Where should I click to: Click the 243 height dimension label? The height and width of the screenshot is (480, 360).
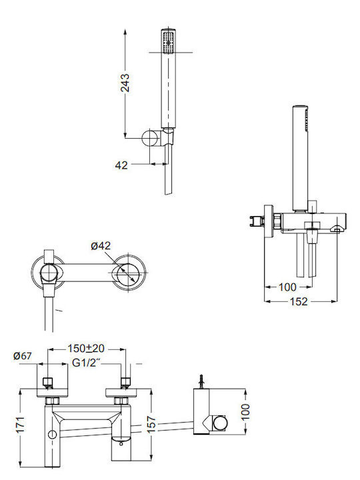click(x=125, y=83)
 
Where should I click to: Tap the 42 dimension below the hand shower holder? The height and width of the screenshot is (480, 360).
click(x=121, y=165)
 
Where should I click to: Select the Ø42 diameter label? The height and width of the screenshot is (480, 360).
click(x=101, y=246)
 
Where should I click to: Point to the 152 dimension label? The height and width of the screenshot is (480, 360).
click(x=299, y=301)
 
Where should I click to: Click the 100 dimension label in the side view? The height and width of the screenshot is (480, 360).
click(x=287, y=287)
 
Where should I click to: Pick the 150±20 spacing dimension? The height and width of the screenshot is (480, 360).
click(x=86, y=349)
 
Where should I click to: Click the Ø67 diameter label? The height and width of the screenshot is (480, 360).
click(x=23, y=356)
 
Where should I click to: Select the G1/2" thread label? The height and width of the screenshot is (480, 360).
click(x=87, y=363)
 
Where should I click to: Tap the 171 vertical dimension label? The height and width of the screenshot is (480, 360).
click(x=20, y=424)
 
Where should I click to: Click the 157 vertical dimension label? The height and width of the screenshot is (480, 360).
click(x=151, y=424)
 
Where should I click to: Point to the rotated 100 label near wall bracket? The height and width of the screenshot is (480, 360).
click(x=245, y=412)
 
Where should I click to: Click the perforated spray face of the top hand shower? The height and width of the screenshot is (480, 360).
click(x=168, y=42)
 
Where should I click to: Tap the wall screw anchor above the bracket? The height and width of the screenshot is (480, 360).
click(x=201, y=381)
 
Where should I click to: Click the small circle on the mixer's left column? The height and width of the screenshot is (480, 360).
click(x=53, y=435)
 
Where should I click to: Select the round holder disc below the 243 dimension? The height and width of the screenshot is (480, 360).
click(x=149, y=138)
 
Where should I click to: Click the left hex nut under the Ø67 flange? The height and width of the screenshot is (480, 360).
click(x=51, y=401)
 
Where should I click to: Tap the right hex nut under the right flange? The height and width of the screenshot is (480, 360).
click(x=120, y=401)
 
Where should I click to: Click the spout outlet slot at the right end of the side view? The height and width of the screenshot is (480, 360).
click(x=337, y=229)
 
